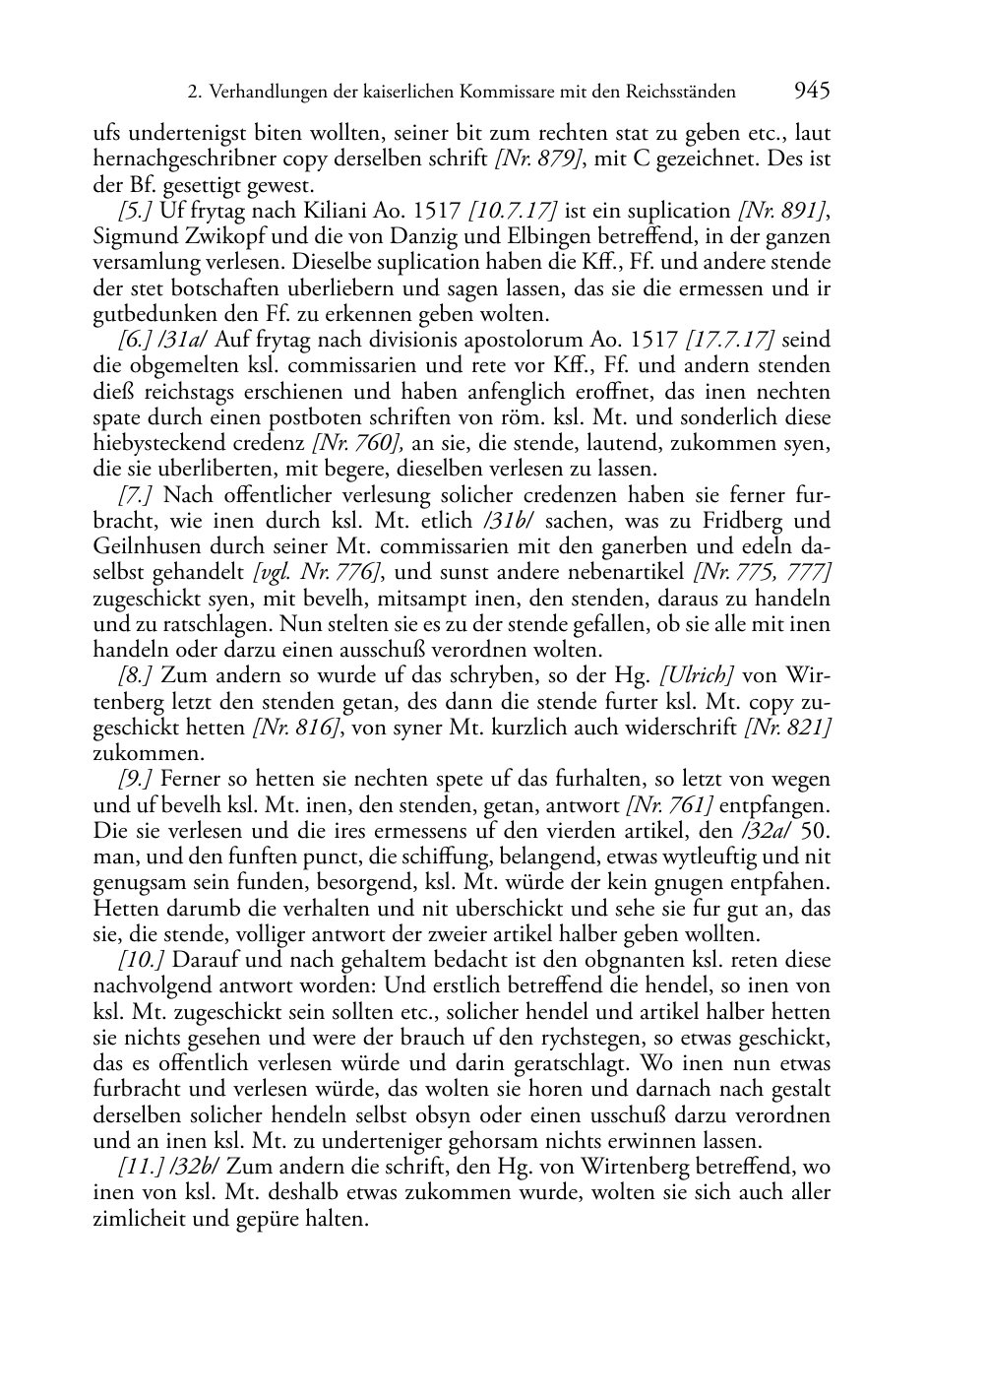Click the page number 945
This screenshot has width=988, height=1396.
coord(811,92)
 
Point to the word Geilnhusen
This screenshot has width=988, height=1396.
coord(142,547)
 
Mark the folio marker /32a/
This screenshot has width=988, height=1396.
coord(767,831)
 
